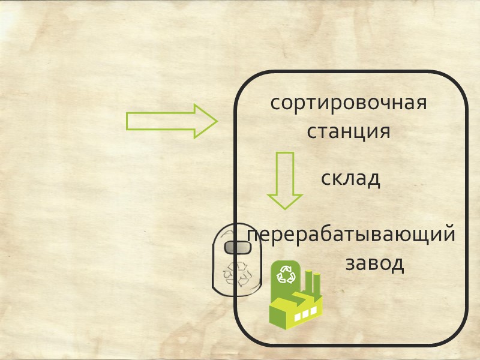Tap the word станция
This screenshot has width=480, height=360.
tap(348, 131)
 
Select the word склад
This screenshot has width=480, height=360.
tap(350, 178)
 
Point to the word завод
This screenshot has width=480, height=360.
tap(374, 263)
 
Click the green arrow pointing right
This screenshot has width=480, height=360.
tap(171, 121)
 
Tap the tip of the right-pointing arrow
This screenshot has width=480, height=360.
tap(215, 121)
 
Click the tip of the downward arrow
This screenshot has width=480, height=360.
tap(284, 208)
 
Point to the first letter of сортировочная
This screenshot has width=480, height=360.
tap(275, 104)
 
